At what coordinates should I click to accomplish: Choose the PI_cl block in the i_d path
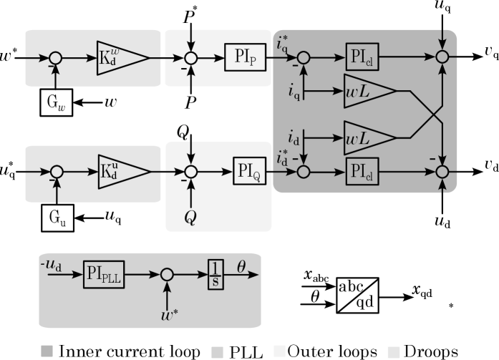coord(362,172)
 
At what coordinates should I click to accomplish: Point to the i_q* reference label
coord(283,43)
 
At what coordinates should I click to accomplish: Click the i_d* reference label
coord(283,158)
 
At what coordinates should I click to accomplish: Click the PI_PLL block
coord(104,274)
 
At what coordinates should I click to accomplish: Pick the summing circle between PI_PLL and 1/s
coord(168,274)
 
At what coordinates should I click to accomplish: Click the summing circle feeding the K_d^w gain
coord(55,58)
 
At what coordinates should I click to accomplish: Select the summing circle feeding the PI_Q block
coord(190,172)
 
